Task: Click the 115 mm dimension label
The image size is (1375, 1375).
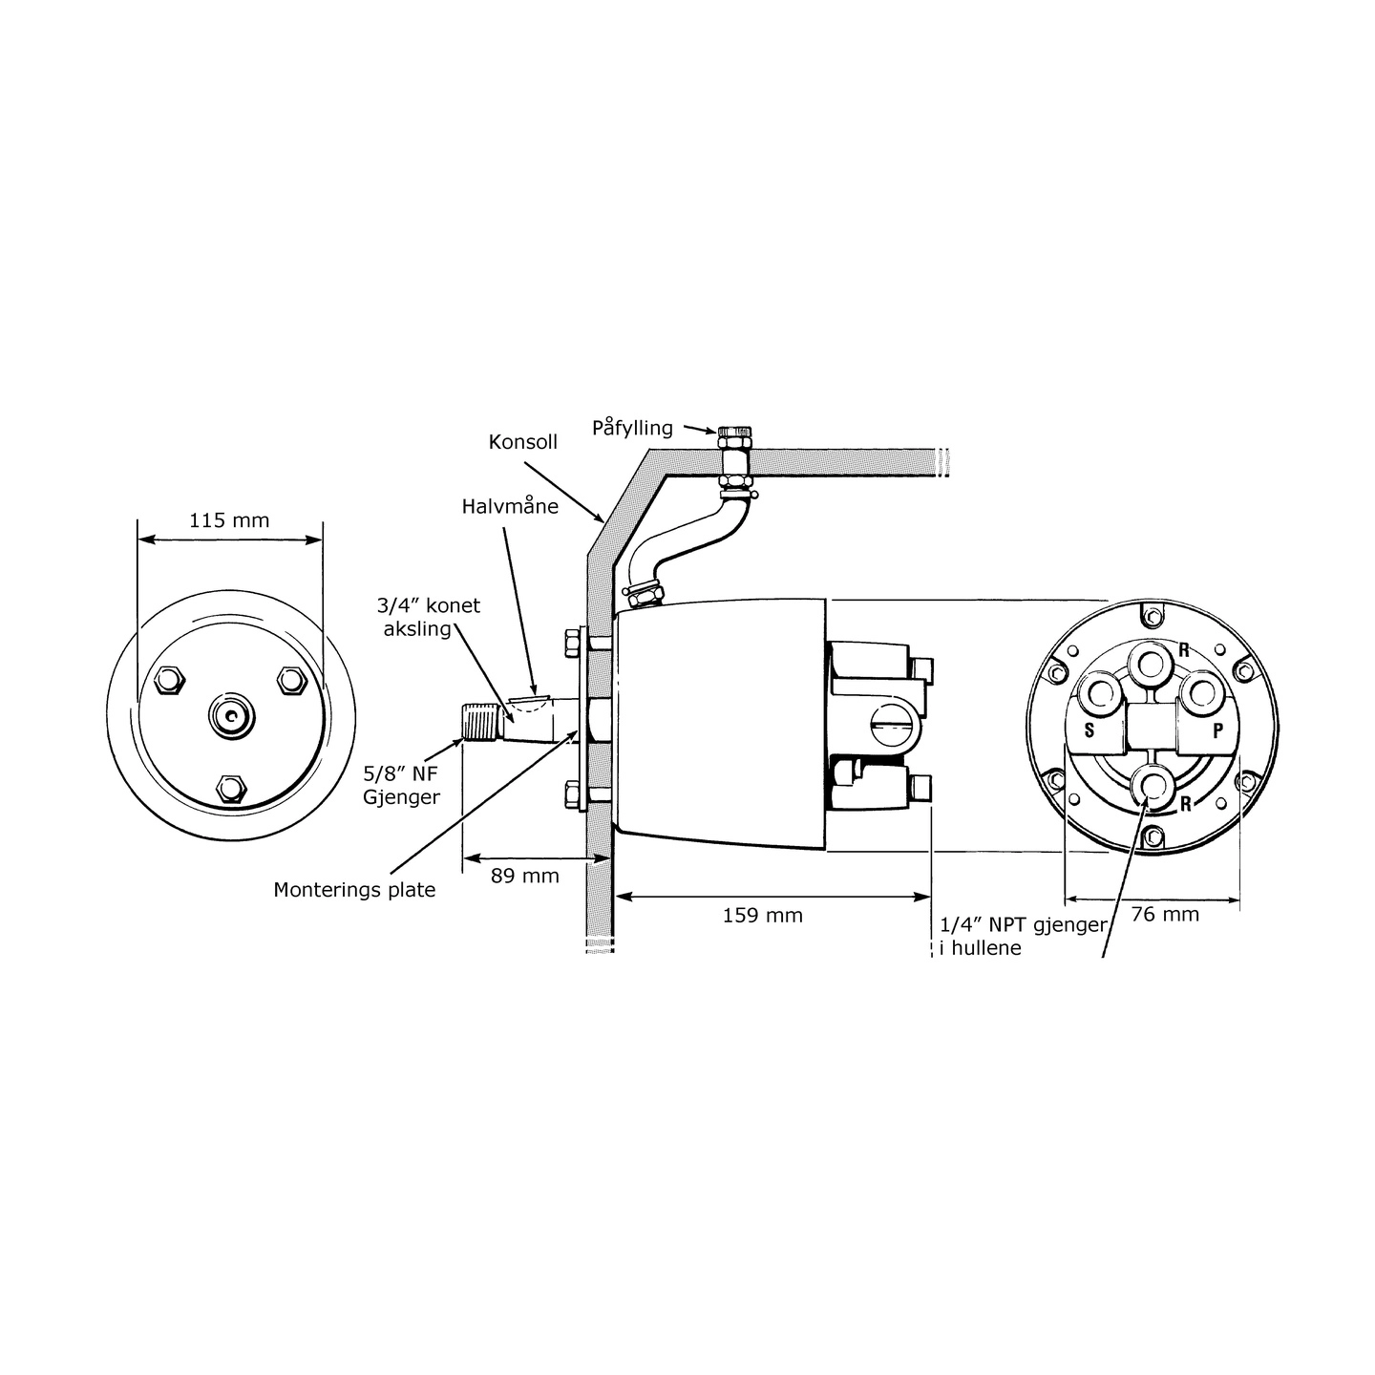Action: coord(229,520)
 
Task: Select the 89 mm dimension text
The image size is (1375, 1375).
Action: coord(524,875)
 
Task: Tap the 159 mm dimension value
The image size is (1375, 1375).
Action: coord(762,916)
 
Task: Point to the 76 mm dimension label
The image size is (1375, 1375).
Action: coord(1164,914)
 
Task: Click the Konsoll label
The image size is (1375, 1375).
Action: coord(522,442)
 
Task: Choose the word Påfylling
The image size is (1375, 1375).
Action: coord(631,428)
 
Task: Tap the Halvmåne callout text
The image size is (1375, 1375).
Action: coord(510,506)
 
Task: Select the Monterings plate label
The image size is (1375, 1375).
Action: coord(354,890)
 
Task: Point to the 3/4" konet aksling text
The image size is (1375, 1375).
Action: coord(428,617)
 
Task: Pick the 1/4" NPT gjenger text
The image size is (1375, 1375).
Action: coord(1024,924)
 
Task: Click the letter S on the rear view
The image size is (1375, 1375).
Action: coord(1089,730)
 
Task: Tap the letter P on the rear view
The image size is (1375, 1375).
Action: coord(1217,730)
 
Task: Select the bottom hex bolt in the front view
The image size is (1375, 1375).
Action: coord(230,788)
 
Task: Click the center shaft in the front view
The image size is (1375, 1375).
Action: coord(231,715)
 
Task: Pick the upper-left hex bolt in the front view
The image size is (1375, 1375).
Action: coord(168,679)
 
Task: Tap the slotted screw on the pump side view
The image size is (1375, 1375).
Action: coord(897,727)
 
